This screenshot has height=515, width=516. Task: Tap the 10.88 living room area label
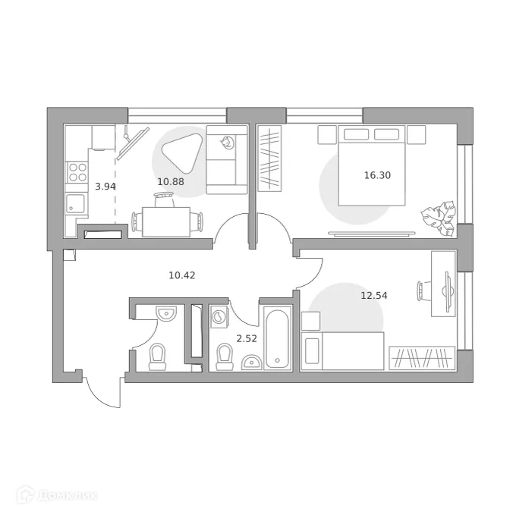[x=169, y=181]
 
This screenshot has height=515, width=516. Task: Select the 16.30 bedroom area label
[x=376, y=174]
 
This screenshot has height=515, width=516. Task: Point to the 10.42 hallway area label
[x=181, y=275]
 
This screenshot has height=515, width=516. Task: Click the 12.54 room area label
[x=373, y=295]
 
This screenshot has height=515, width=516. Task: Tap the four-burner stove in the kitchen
[x=77, y=173]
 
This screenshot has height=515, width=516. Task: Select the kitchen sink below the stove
[x=75, y=204]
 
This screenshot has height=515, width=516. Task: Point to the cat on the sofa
[x=227, y=142]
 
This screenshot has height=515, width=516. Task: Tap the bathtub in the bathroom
[x=276, y=338]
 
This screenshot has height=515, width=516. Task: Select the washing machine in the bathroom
[x=219, y=315]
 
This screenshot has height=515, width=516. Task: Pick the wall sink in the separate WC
[x=165, y=312]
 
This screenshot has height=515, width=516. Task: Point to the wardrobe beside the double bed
[x=269, y=158]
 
